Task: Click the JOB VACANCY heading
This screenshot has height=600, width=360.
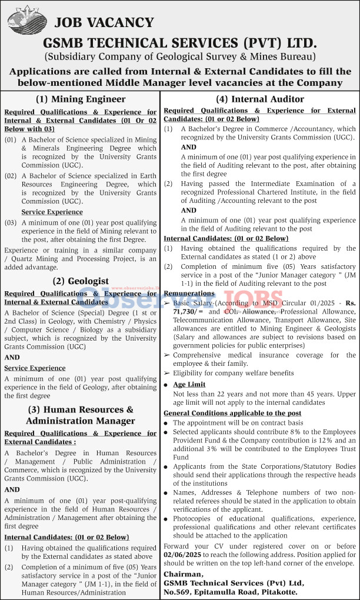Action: click(x=104, y=23)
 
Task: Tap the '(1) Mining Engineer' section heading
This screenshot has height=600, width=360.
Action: click(x=81, y=99)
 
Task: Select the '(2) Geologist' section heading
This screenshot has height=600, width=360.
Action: click(x=81, y=281)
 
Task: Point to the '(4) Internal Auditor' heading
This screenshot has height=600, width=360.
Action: click(x=260, y=99)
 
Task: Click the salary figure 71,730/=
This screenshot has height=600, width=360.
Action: click(x=182, y=310)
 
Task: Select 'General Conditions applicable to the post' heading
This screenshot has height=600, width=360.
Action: click(x=232, y=413)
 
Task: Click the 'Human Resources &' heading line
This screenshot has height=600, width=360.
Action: click(x=81, y=409)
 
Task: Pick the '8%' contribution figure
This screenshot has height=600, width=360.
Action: click(x=288, y=432)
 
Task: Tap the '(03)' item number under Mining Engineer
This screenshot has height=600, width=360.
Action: click(x=11, y=223)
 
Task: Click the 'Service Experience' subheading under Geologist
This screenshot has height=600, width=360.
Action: click(x=35, y=368)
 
